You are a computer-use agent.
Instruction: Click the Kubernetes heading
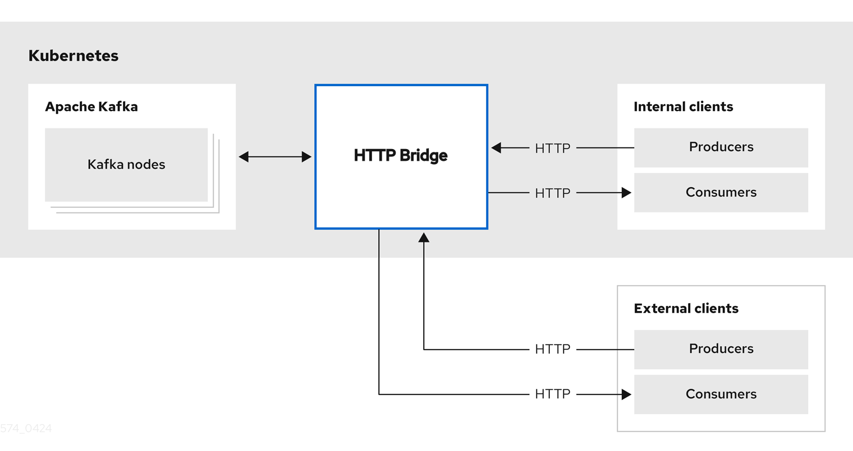[x=73, y=55]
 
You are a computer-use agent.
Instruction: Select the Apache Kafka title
[x=91, y=106]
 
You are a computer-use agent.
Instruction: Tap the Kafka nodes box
[x=126, y=164]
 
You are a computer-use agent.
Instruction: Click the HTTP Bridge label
[x=401, y=155]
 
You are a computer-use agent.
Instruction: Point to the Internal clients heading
[x=683, y=106]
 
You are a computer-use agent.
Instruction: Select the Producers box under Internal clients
[x=721, y=147]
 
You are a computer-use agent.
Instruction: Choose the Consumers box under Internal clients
[x=721, y=192]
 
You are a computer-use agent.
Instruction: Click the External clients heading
[x=686, y=308]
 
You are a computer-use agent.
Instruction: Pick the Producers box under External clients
[x=721, y=349]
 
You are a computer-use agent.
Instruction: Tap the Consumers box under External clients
[x=721, y=394]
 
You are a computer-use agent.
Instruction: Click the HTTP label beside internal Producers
[x=552, y=148]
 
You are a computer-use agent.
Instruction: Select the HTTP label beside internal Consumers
[x=552, y=193]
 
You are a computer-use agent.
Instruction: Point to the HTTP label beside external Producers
[x=552, y=349]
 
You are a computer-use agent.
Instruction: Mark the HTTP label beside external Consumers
[x=552, y=394]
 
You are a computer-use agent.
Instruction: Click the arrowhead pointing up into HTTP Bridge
[x=424, y=238]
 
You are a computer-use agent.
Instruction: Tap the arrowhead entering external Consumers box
[x=626, y=394]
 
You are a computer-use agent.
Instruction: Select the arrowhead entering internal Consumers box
[x=626, y=193]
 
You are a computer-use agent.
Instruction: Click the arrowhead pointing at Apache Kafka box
[x=244, y=157]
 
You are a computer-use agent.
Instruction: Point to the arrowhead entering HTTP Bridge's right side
[x=496, y=148]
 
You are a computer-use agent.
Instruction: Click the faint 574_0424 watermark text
[x=26, y=429]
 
